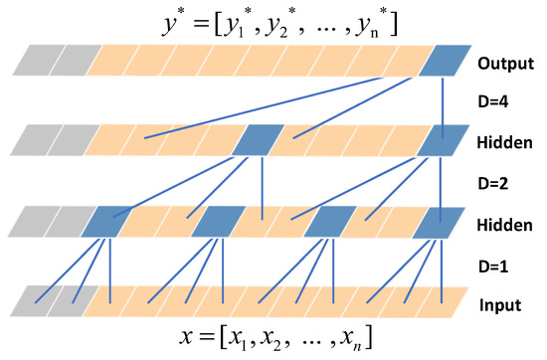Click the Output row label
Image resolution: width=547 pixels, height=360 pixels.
pyautogui.click(x=505, y=64)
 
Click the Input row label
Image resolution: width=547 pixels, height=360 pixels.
pyautogui.click(x=503, y=303)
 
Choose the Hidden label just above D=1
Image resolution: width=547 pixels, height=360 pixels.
pyautogui.click(x=505, y=224)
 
